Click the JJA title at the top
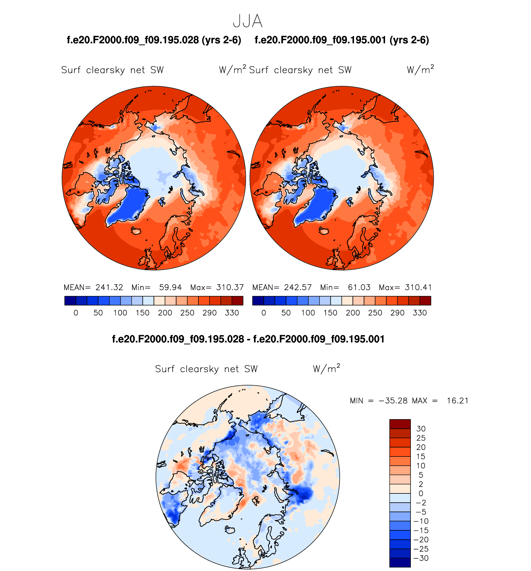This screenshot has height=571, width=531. coord(247,21)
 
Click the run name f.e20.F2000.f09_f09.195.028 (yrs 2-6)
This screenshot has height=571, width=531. coord(154,40)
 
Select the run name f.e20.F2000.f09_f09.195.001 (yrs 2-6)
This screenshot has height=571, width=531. coord(342,40)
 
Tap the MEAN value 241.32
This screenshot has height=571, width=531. coord(109,287)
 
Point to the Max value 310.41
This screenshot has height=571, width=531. coord(418,287)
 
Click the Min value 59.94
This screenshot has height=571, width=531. coord(170,287)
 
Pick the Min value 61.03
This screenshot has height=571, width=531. coord(359,287)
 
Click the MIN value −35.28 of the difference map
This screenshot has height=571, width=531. coord(393,401)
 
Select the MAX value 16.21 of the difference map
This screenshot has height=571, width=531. coord(457,401)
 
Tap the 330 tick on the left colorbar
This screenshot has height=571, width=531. coord(232,313)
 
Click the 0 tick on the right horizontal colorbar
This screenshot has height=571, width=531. coord(264,313)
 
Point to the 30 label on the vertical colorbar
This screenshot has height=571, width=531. coord(421,429)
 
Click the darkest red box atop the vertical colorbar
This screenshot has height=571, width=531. coord(400,424)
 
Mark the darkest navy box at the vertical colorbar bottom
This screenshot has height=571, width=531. coord(400,563)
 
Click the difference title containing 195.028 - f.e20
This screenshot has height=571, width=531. coord(248,339)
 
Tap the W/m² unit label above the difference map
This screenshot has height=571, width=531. coord(326,368)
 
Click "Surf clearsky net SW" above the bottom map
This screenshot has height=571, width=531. coord(206,369)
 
